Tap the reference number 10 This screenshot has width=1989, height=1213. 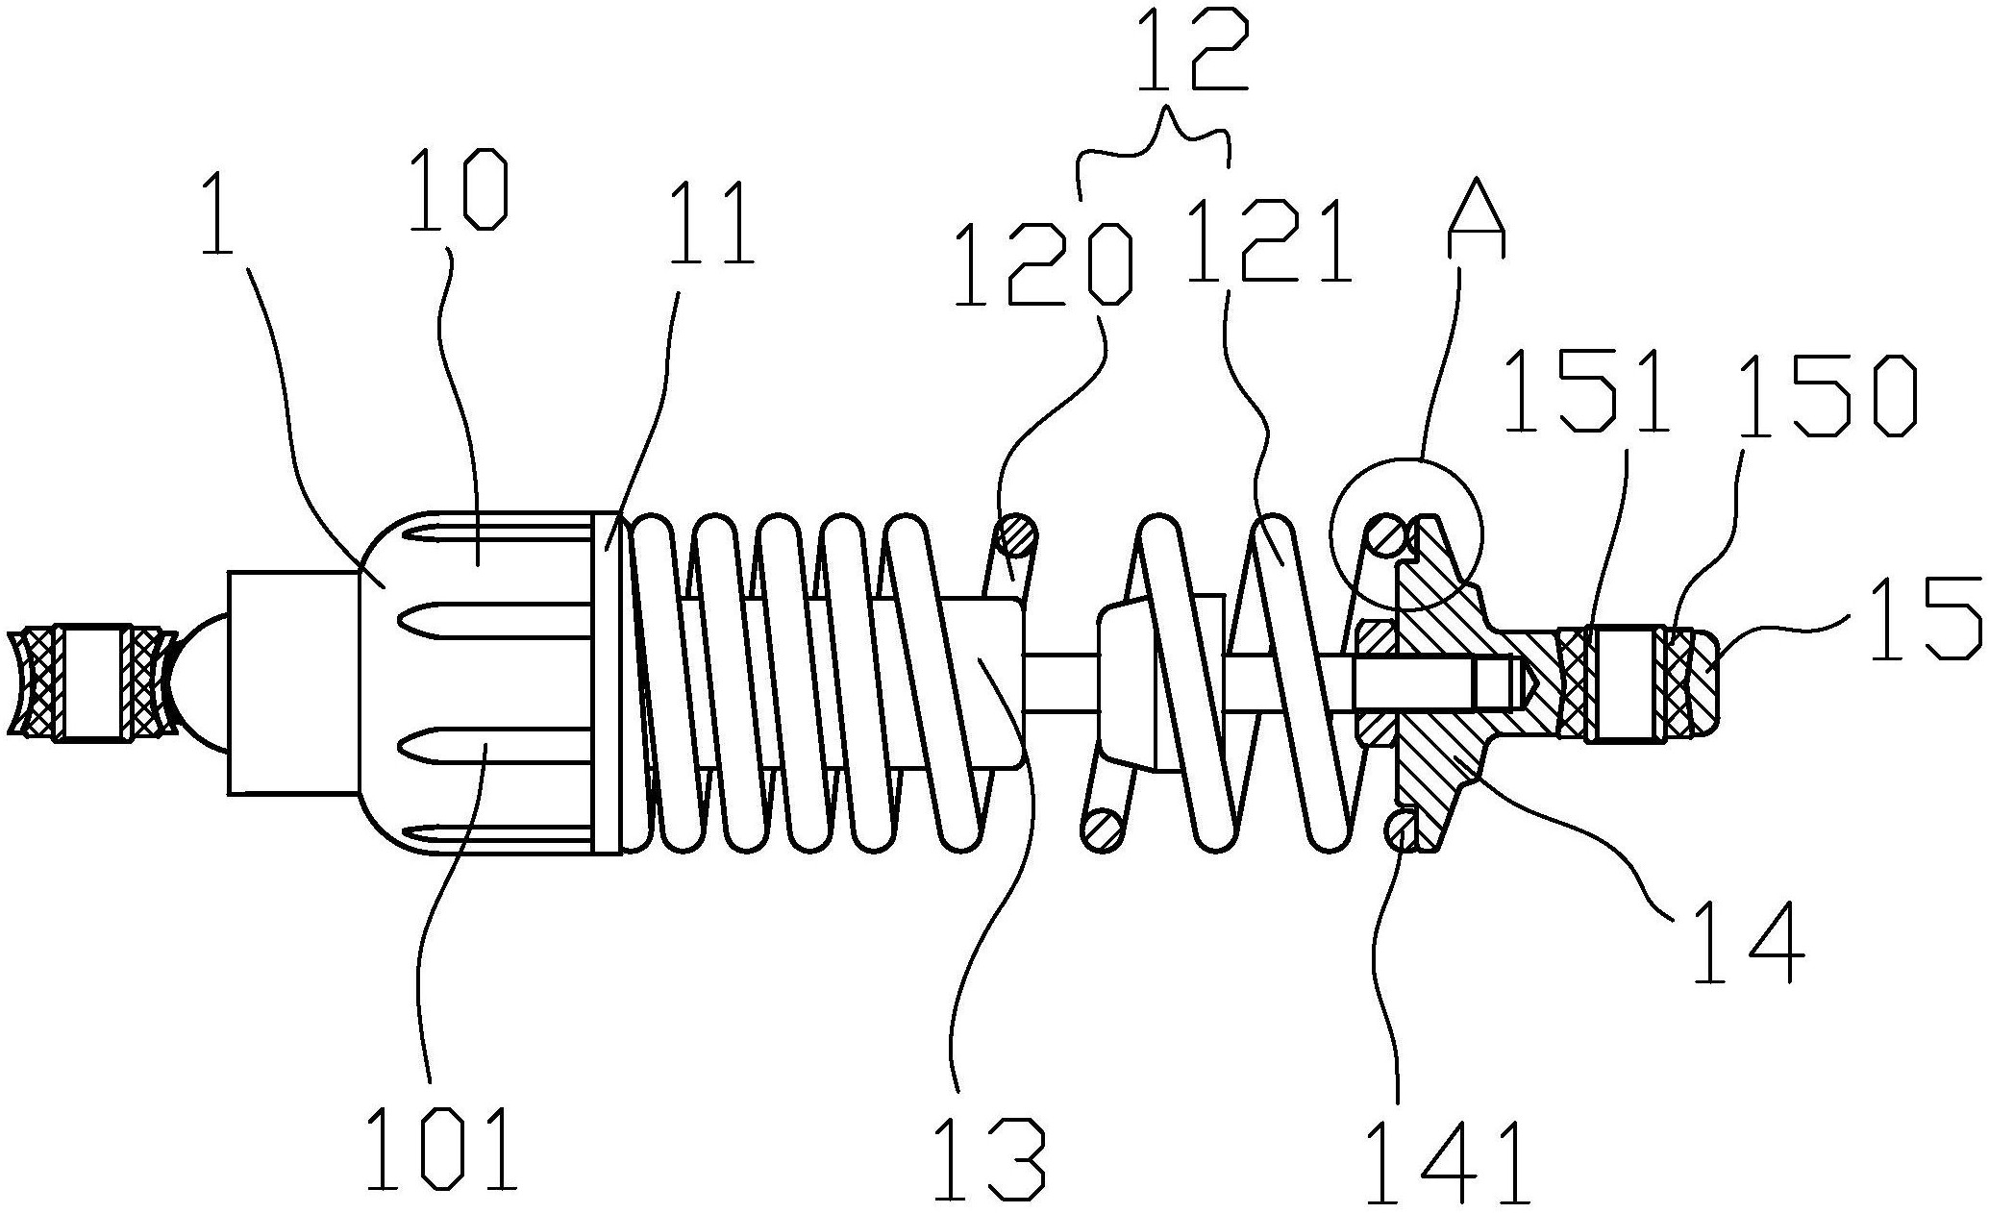(x=459, y=190)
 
